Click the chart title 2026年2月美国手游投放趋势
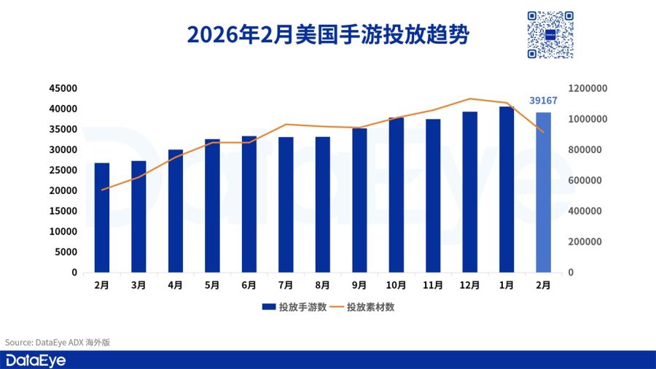click(x=327, y=34)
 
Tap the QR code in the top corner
click(x=550, y=34)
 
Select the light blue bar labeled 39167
click(x=543, y=193)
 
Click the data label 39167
click(x=543, y=101)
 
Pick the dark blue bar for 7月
click(x=286, y=205)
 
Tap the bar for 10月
click(x=396, y=195)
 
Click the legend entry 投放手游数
click(x=294, y=307)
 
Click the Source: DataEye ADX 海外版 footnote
click(x=58, y=341)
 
